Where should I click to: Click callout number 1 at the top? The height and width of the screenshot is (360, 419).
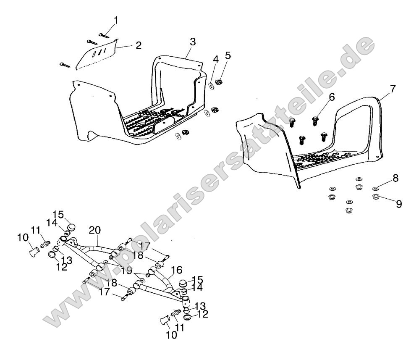point(116,20)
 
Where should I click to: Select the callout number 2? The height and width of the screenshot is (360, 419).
point(139,45)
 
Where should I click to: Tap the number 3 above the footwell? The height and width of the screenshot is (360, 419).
point(192,42)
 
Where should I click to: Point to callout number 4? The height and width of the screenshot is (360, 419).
point(215,60)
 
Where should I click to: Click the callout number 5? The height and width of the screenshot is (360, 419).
point(228,55)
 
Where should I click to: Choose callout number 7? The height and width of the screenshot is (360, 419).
point(393,89)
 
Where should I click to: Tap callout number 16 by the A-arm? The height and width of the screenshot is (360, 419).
point(176,270)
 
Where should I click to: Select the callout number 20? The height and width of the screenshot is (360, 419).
point(95,230)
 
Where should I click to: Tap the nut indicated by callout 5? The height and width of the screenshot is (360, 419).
point(218,81)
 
